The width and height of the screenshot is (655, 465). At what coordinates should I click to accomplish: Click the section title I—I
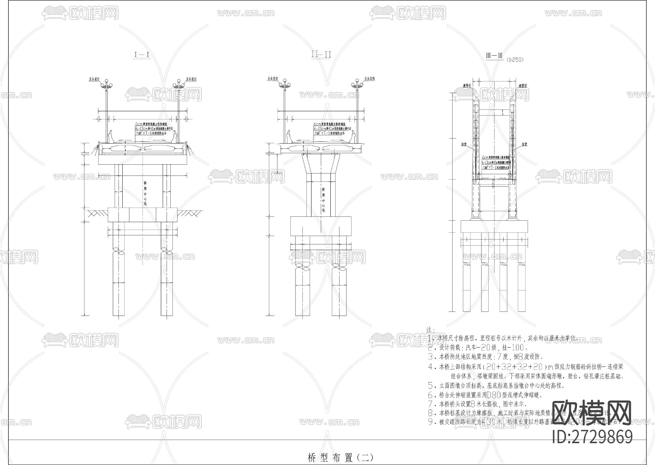pyautogui.click(x=142, y=55)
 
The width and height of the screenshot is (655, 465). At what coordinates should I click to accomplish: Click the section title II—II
pyautogui.click(x=321, y=55)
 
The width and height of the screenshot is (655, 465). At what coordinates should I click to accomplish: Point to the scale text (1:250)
pyautogui.click(x=515, y=60)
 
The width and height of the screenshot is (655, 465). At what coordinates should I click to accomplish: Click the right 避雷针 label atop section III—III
pyautogui.click(x=523, y=85)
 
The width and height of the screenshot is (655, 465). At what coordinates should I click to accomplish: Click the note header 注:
pyautogui.click(x=430, y=329)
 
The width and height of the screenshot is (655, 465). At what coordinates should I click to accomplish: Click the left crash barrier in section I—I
pyautogui.click(x=111, y=138)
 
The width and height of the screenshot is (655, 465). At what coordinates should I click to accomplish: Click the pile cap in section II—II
pyautogui.click(x=321, y=226)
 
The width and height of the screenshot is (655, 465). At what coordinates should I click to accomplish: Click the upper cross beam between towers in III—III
pyautogui.click(x=495, y=112)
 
